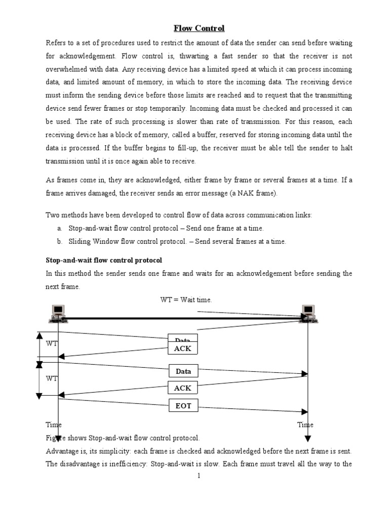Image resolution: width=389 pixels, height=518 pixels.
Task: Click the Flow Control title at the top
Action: tap(199, 28)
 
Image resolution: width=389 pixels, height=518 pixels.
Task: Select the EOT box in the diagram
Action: tap(183, 405)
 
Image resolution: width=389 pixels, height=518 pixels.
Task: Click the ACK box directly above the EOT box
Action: tap(183, 388)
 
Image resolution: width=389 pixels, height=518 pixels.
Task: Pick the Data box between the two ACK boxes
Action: tap(183, 371)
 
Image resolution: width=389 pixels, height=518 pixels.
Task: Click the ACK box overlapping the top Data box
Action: tap(183, 349)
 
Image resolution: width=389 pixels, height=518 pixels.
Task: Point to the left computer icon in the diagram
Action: tap(58, 314)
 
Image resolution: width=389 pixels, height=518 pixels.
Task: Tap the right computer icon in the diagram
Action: tap(308, 314)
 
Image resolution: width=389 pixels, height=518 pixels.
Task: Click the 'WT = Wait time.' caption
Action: tap(186, 300)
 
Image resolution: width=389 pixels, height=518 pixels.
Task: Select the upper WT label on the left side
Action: tap(52, 344)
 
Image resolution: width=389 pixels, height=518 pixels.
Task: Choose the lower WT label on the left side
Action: tap(52, 378)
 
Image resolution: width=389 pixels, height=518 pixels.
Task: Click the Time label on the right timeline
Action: tap(305, 425)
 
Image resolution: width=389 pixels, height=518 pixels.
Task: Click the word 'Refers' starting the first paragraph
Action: tap(57, 42)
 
